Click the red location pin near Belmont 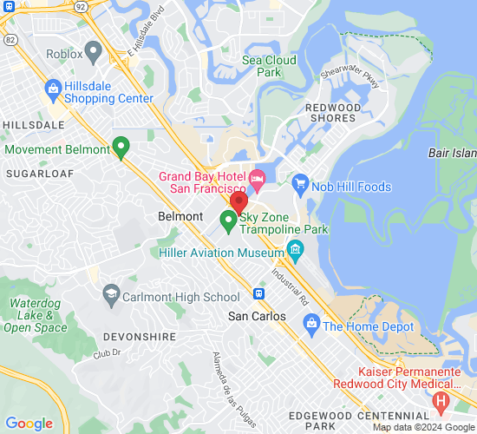coord(238,203)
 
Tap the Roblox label coord(64,55)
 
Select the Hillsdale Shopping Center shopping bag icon coord(54,88)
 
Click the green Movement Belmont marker coord(121,147)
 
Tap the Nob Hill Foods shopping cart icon coord(301,185)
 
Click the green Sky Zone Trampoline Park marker coord(229,221)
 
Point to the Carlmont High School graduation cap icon coord(111,296)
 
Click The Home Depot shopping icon coord(310,325)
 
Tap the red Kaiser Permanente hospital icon coord(441,401)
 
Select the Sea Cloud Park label coord(269,66)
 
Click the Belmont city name coord(180,216)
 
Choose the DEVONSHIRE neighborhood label coord(132,336)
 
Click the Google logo coord(29,424)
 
